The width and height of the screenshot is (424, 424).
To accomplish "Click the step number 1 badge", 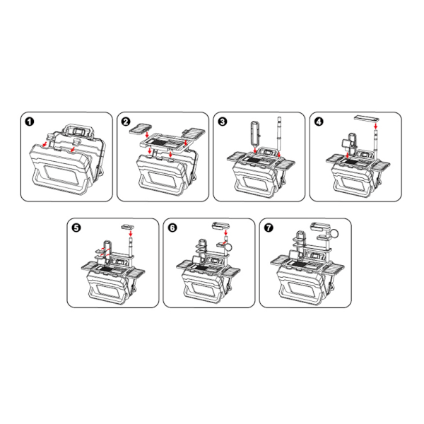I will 30,122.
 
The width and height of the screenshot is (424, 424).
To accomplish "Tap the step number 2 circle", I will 126,122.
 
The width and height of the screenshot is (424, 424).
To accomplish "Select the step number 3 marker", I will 223,122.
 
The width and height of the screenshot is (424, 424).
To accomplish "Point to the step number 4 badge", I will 319,122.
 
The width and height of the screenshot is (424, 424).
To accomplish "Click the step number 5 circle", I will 78,228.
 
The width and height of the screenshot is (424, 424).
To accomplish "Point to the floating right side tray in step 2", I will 192,133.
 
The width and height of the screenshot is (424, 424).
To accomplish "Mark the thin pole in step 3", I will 280,134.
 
